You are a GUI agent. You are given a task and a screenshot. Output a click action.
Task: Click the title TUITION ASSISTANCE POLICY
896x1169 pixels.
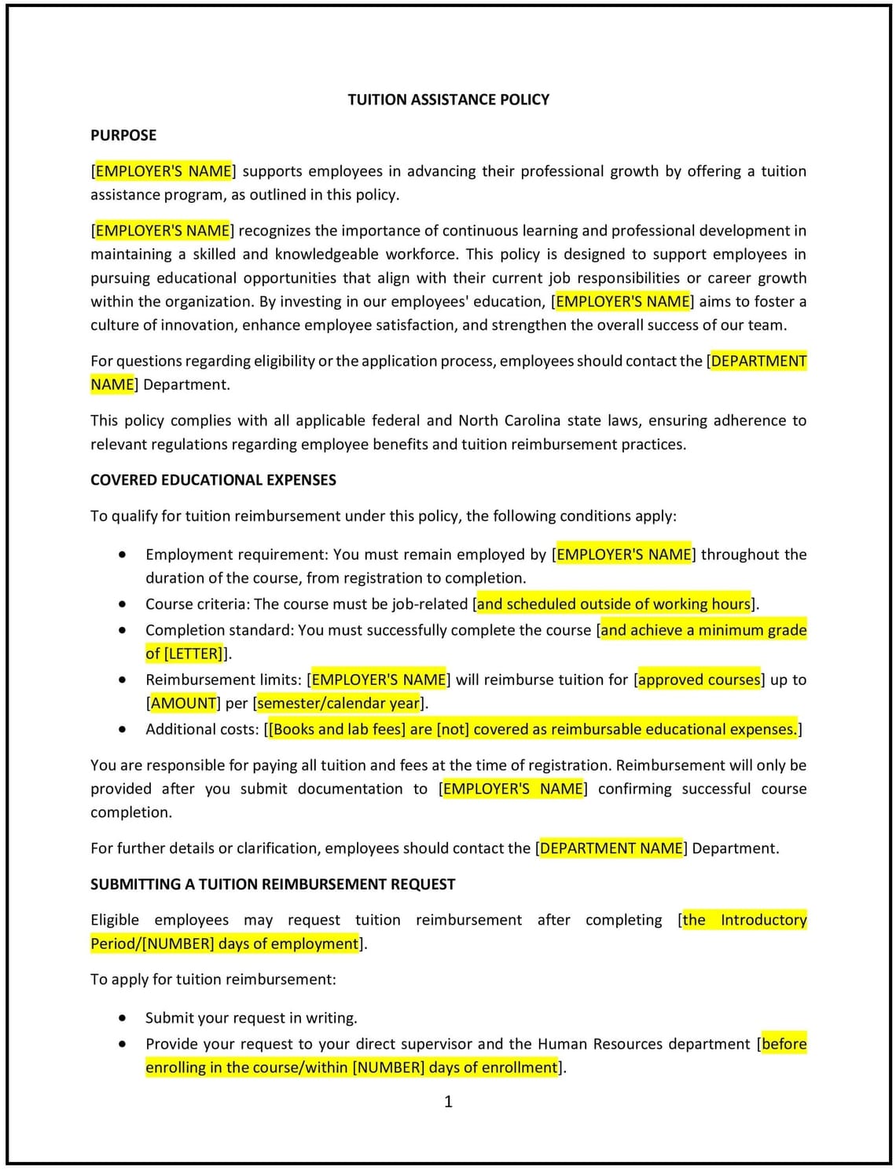(448, 100)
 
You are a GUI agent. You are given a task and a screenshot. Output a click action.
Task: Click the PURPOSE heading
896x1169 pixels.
(123, 135)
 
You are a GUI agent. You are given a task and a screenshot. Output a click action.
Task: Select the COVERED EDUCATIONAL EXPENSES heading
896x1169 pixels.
(213, 480)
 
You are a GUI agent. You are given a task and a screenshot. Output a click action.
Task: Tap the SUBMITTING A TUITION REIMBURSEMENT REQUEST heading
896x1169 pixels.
(273, 885)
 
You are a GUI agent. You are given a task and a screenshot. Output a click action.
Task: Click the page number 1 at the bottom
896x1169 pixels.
(448, 1101)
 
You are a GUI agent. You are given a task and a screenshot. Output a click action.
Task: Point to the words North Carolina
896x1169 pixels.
(503, 421)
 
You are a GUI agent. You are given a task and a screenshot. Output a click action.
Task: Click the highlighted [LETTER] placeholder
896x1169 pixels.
(193, 654)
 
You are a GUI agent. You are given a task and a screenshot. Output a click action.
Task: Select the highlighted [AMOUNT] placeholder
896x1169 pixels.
(183, 703)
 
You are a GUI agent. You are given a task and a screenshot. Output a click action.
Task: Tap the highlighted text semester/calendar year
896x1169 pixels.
(339, 703)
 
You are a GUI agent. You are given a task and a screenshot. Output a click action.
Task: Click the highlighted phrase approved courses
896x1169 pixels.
(699, 680)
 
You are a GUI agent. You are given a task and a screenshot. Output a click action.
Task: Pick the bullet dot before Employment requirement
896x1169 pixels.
(122, 555)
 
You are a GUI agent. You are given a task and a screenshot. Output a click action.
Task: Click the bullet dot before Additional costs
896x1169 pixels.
(122, 729)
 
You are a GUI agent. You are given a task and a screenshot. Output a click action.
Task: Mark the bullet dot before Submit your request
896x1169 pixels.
(122, 1018)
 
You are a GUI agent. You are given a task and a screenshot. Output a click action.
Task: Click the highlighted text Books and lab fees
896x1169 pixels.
(336, 729)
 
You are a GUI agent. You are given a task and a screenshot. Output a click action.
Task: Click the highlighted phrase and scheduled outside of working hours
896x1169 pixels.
(613, 604)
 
